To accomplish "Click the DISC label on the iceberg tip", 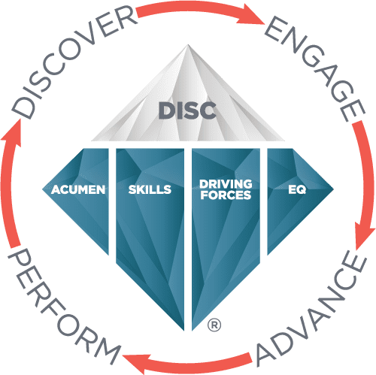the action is (x=187, y=110).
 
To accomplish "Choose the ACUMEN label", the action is (x=78, y=189).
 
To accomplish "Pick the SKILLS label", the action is (x=150, y=189).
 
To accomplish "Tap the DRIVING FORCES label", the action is (x=226, y=189).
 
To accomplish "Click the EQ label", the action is (x=297, y=189).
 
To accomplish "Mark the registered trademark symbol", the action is (x=214, y=325).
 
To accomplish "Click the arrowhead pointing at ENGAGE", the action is (x=250, y=16).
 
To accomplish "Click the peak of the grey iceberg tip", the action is (x=188, y=45).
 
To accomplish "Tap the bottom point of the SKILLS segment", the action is (x=183, y=330).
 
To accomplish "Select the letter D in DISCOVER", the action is (x=24, y=107).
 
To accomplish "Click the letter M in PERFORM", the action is (x=105, y=349).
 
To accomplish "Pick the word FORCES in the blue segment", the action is (x=226, y=195).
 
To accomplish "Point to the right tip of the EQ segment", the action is (x=333, y=189).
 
